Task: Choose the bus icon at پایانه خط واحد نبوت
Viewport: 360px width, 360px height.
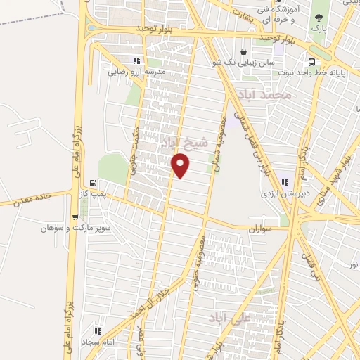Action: pyautogui.click(x=307, y=60)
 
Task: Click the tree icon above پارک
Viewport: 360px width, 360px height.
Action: pyautogui.click(x=319, y=18)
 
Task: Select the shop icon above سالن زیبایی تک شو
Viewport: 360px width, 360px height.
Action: pyautogui.click(x=243, y=51)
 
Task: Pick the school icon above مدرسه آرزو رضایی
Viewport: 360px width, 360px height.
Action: pyautogui.click(x=135, y=61)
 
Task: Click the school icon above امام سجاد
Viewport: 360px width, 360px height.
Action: pyautogui.click(x=98, y=330)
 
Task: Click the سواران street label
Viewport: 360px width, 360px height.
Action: pyautogui.click(x=259, y=230)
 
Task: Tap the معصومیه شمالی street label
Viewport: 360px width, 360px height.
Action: pyautogui.click(x=223, y=138)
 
